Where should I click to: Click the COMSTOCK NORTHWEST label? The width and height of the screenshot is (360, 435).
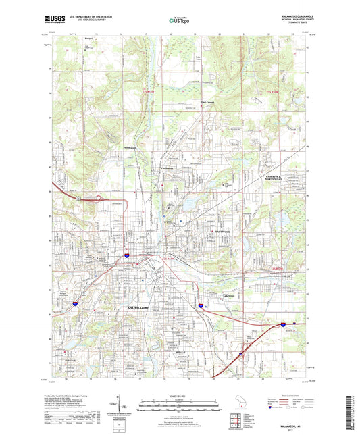point(272,178)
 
